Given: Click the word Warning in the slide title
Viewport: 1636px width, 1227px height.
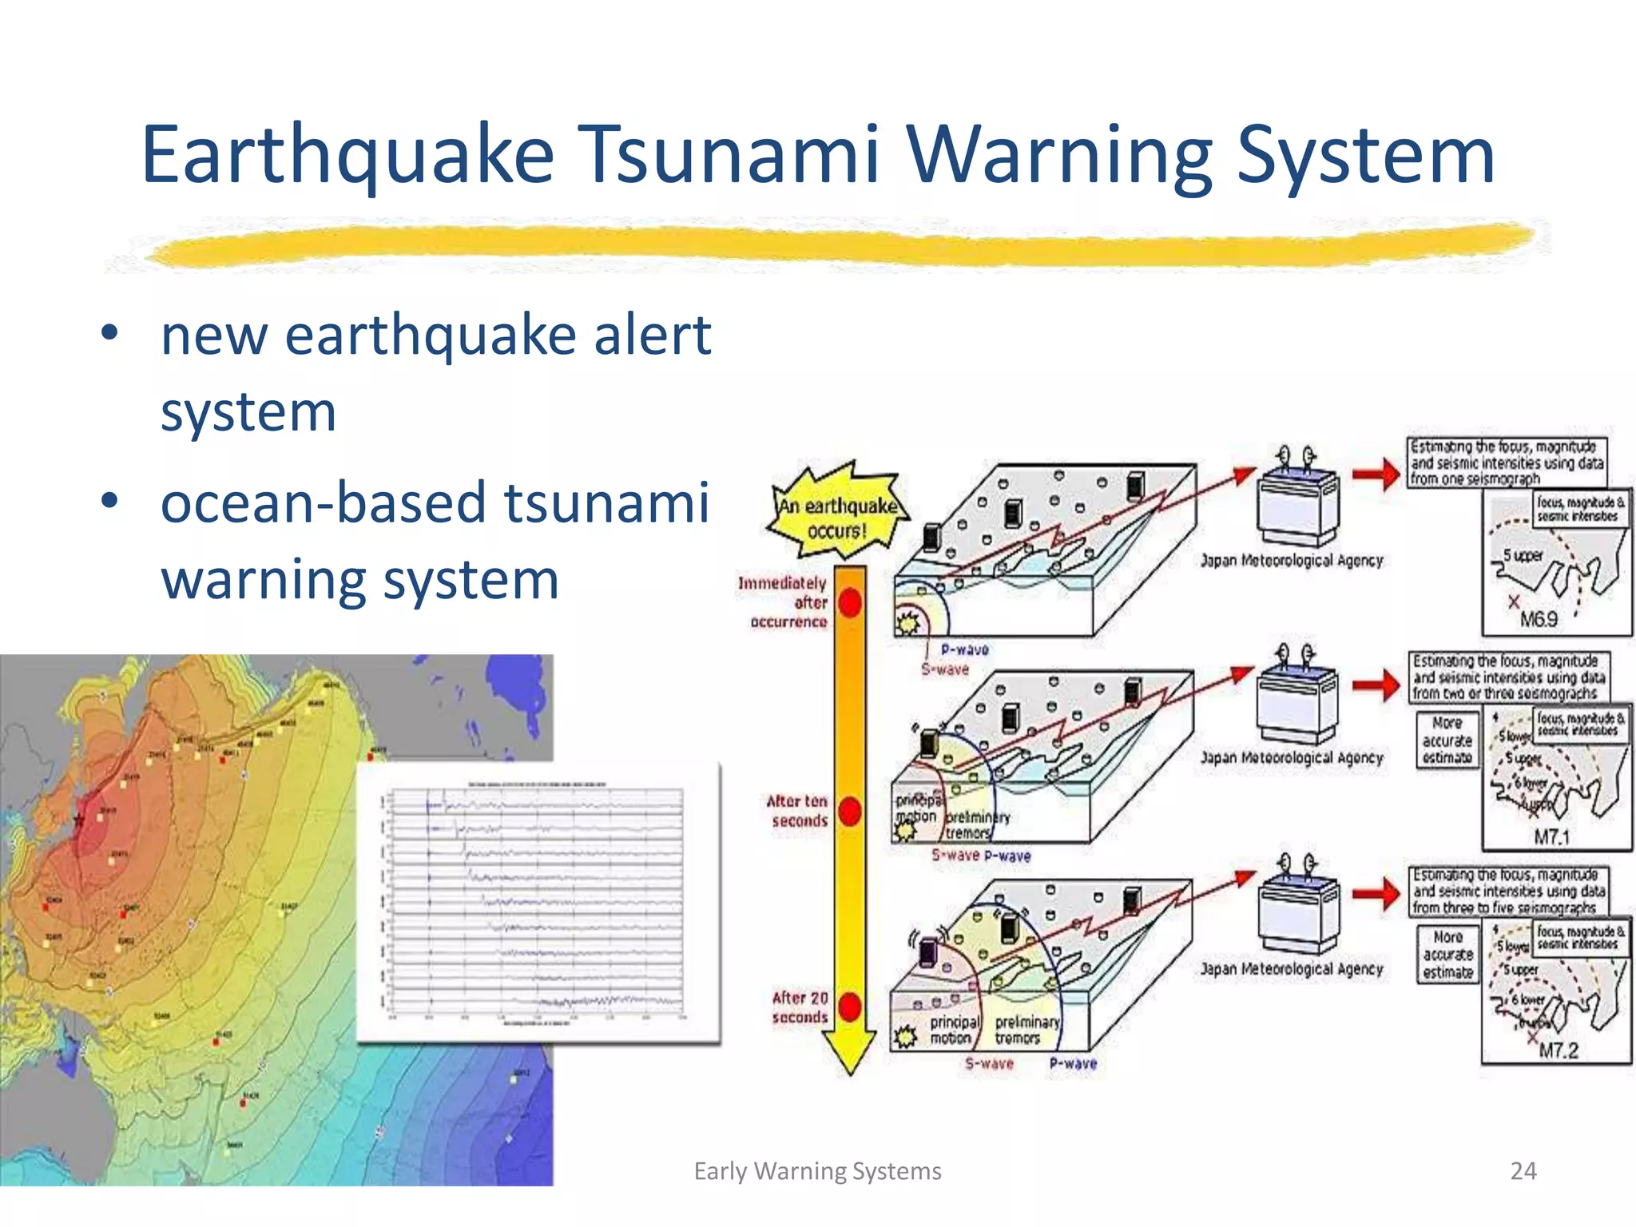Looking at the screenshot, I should click(1058, 156).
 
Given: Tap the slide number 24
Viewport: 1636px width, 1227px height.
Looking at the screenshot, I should click(1523, 1171).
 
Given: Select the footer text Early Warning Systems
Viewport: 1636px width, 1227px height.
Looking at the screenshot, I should click(817, 1171).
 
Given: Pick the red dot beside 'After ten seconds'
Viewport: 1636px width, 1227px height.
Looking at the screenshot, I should click(851, 812).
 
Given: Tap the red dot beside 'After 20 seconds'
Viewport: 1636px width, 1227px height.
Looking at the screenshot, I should click(851, 1007).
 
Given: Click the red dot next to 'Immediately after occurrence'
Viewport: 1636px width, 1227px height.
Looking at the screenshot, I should click(851, 603).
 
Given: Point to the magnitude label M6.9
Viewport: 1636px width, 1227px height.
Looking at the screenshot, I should click(1538, 619).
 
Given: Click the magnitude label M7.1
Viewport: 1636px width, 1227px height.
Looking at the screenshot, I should click(1551, 837).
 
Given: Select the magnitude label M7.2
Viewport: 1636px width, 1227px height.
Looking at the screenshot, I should click(1558, 1050).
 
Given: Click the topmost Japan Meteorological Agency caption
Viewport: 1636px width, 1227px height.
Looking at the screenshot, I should click(1291, 561).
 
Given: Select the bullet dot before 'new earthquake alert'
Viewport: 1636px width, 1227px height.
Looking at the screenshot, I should click(110, 333).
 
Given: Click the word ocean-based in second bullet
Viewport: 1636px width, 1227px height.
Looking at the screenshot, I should click(324, 503).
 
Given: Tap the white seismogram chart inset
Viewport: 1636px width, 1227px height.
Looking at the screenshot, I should click(538, 903).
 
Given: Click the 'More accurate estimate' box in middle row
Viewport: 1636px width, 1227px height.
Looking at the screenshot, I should click(1447, 741).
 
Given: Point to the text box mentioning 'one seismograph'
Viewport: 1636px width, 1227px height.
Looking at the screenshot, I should click(1506, 463).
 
